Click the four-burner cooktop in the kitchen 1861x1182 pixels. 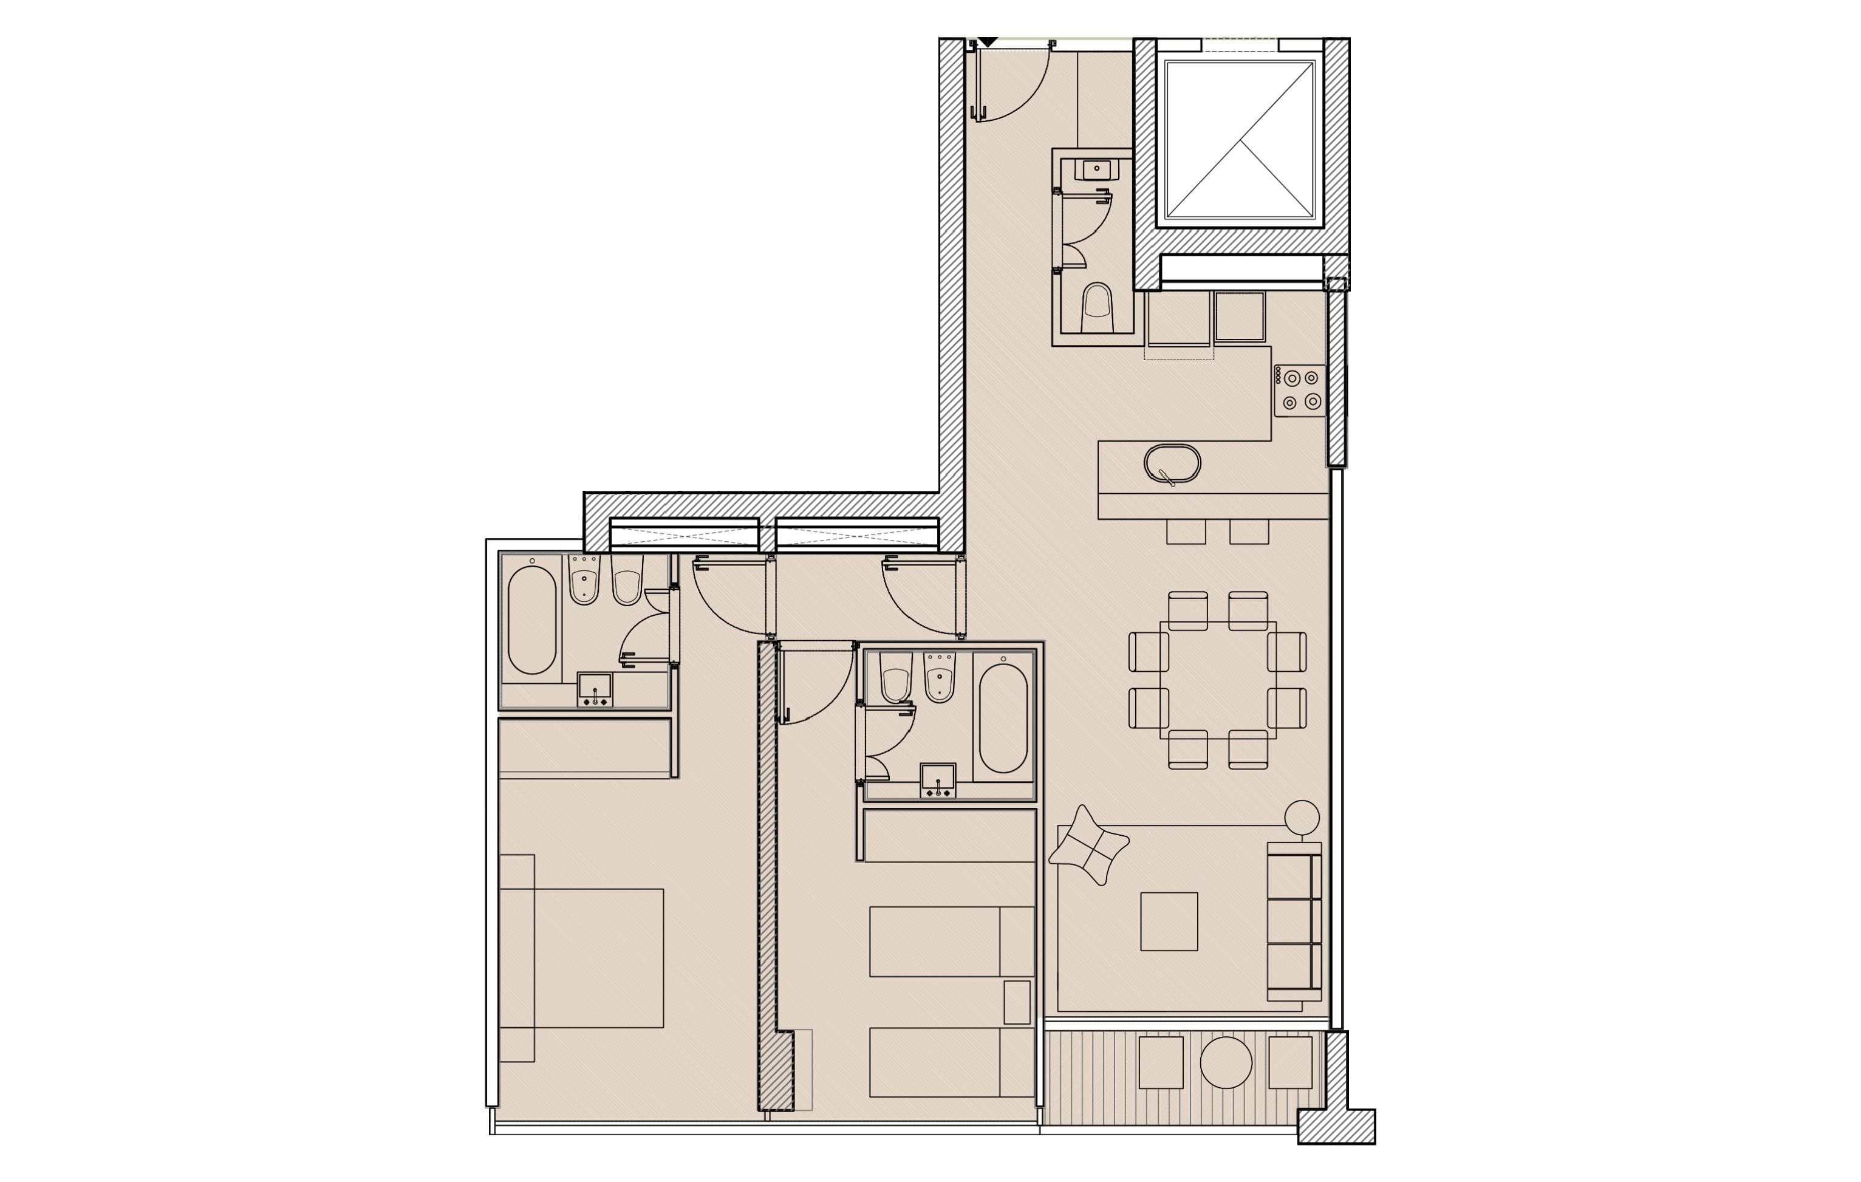[x=1300, y=391]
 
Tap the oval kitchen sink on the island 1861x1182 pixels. [x=1172, y=464]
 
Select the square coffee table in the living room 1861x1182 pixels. [x=1169, y=921]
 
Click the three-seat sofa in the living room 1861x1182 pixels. [x=1293, y=921]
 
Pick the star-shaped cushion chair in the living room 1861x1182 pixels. [x=1088, y=845]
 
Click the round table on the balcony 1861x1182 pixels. [x=1225, y=1062]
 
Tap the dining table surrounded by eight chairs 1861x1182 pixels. [x=1217, y=680]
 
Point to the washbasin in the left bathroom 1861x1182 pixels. [x=594, y=689]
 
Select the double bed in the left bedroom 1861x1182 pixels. [x=582, y=958]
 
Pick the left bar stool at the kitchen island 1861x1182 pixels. [x=1186, y=532]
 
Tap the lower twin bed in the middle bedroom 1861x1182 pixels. [x=951, y=1062]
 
